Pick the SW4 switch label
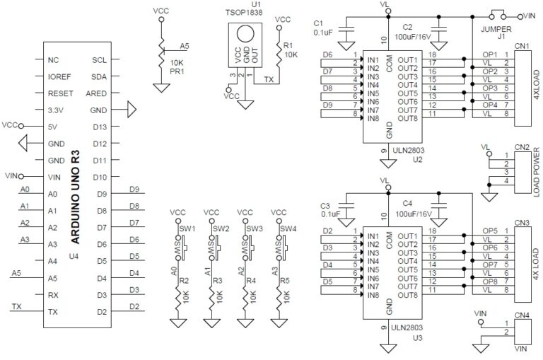click(x=288, y=228)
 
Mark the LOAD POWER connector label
click(x=537, y=173)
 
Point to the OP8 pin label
click(x=490, y=281)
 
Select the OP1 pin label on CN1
click(x=490, y=54)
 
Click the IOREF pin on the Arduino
click(x=59, y=77)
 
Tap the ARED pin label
click(x=96, y=94)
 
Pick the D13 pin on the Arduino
click(x=98, y=127)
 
